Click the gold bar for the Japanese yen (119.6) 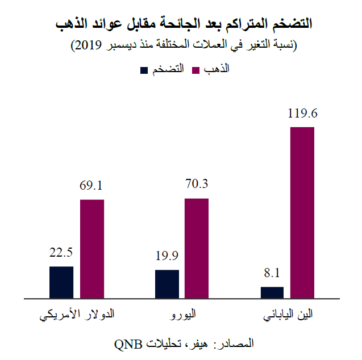(x=302, y=212)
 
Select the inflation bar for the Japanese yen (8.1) (x=272, y=292)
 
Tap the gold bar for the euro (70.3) (x=197, y=248)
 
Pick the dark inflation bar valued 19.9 (x=167, y=283)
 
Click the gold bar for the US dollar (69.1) (x=92, y=248)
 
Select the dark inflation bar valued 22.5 (x=61, y=282)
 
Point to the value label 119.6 (x=302, y=114)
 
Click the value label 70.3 (x=197, y=184)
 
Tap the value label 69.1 (x=92, y=186)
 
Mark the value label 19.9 (x=167, y=256)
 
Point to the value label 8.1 (x=272, y=274)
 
